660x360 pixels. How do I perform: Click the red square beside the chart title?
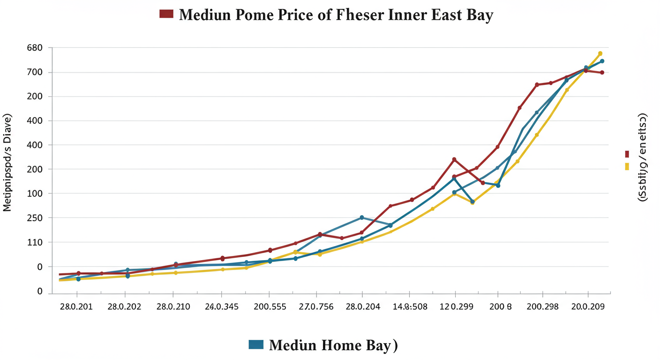click(166, 14)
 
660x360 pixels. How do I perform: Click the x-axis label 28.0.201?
click(76, 307)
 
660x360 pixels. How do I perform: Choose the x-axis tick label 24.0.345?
click(221, 307)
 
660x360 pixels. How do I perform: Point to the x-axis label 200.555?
click(269, 307)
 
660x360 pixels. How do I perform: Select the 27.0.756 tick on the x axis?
click(316, 307)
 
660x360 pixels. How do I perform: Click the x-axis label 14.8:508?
click(410, 307)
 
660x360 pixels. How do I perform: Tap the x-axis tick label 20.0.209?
click(588, 307)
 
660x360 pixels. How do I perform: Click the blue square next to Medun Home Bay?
click(256, 345)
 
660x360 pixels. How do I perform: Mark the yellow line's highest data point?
click(600, 53)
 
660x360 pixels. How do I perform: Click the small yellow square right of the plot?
click(627, 166)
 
